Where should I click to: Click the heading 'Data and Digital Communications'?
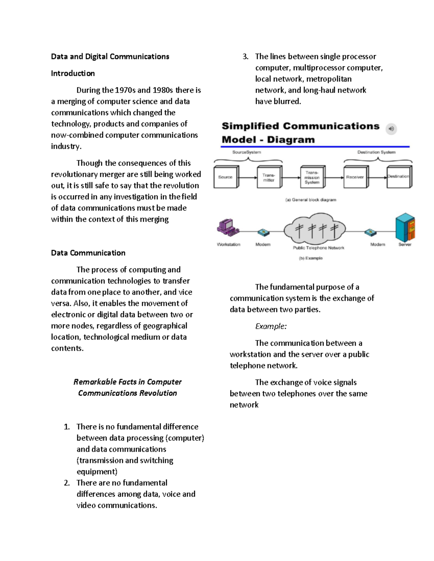[110, 57]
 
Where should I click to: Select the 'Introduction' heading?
[73, 73]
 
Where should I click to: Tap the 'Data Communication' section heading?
[88, 253]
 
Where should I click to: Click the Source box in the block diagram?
[225, 177]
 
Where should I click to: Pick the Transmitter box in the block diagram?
[268, 177]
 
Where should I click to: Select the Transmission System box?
[312, 177]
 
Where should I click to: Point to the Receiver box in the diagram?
[355, 177]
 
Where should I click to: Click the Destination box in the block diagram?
[398, 177]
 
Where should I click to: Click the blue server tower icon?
[405, 228]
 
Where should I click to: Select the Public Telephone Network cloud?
[314, 230]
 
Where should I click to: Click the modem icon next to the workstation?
[263, 232]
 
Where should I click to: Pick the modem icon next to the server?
[370, 232]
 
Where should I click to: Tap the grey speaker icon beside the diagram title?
[391, 129]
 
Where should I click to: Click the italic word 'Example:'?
[271, 327]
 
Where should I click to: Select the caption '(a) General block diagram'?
[311, 200]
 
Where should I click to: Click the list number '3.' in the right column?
[246, 57]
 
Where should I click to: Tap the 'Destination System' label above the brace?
[376, 152]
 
